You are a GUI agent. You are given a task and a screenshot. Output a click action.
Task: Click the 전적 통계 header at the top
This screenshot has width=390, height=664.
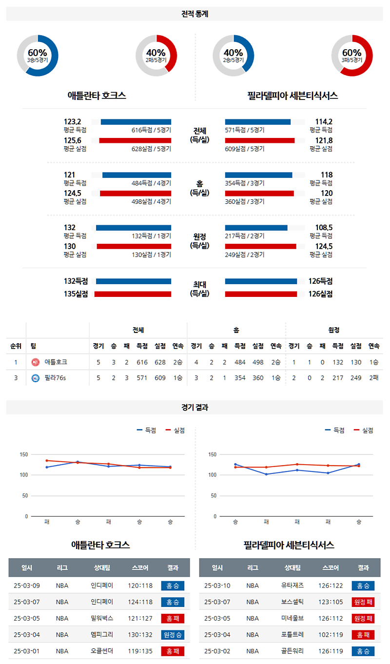pos(195,14)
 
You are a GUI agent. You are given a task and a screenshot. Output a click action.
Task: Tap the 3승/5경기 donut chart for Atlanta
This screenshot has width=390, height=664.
pos(38,56)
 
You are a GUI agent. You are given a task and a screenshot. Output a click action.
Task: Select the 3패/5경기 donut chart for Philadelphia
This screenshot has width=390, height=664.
pos(351,56)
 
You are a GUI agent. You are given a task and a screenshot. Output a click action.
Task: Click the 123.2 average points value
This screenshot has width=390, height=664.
pos(73,122)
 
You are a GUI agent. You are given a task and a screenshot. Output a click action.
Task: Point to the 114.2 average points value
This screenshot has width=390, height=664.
pos(324,122)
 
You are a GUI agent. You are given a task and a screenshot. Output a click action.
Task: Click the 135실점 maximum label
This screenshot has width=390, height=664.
pos(76,294)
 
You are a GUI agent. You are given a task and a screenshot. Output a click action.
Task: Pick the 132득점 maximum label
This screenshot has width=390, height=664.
pos(76,281)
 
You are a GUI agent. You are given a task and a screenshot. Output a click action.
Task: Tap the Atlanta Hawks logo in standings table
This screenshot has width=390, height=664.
pos(35,362)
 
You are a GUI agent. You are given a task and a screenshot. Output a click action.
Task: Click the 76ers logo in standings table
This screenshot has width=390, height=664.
pos(35,378)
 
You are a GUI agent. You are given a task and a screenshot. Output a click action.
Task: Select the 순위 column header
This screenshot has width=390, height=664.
pos(16,346)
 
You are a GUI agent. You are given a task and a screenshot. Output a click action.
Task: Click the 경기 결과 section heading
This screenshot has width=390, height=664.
pos(195,408)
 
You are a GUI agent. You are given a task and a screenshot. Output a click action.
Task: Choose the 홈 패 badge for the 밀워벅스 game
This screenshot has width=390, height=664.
pos(173,618)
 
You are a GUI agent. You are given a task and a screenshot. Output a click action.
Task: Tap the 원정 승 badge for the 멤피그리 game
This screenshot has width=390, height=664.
pos(173,635)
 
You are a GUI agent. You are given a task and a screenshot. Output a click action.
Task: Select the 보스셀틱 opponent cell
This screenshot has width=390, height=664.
pos(292,602)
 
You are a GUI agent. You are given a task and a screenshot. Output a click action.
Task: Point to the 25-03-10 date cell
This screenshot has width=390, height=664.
pos(217,586)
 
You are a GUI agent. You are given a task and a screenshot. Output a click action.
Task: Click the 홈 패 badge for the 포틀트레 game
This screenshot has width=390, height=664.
pos(363,635)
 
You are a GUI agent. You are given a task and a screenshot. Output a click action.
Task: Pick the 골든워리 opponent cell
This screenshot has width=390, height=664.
pos(292,651)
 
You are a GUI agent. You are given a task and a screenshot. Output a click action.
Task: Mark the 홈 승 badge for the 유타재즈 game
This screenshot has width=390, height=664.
pos(363,586)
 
